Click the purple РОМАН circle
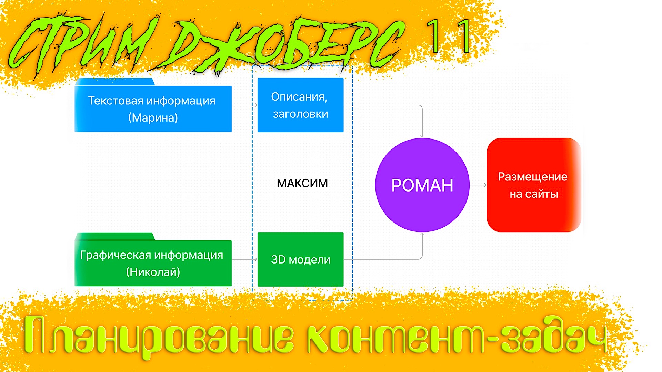[x=422, y=185]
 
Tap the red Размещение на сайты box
[x=533, y=185]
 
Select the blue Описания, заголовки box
[x=300, y=105]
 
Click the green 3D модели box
[x=300, y=259]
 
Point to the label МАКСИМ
[x=302, y=183]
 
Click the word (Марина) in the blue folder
[x=153, y=118]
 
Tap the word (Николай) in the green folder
[x=153, y=272]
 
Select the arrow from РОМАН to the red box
[x=478, y=185]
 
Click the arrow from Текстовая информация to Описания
[x=244, y=105]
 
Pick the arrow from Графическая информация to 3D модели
[x=244, y=259]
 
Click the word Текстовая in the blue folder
[x=116, y=101]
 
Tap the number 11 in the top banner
[x=448, y=36]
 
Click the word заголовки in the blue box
[x=300, y=114]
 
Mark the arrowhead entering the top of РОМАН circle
[x=422, y=136]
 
